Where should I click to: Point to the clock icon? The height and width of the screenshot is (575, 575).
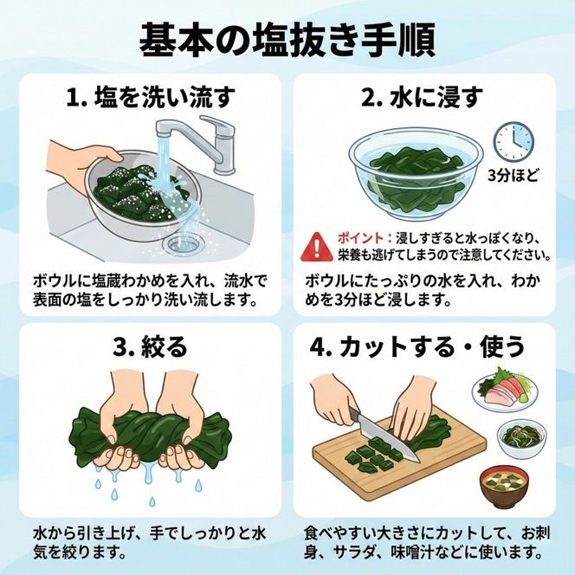tap(513, 141)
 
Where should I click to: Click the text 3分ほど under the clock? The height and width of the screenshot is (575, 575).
tap(513, 176)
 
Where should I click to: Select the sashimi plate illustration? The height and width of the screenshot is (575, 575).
tap(507, 392)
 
